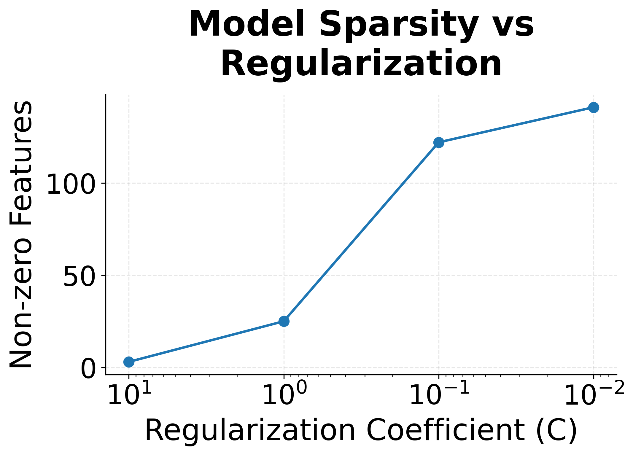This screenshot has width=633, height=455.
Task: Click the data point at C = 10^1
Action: pos(129,362)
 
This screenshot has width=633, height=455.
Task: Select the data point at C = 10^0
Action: pos(284,321)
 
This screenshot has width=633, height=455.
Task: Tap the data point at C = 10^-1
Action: pos(439,142)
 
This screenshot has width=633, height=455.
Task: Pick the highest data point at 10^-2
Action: pos(594,107)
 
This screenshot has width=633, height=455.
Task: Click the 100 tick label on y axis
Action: pos(71,184)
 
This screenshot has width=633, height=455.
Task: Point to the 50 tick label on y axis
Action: pos(80,277)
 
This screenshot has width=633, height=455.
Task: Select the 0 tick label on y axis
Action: pos(88,369)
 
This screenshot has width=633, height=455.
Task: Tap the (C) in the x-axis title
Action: pos(556,431)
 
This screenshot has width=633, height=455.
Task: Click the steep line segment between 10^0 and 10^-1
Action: pos(361,232)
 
